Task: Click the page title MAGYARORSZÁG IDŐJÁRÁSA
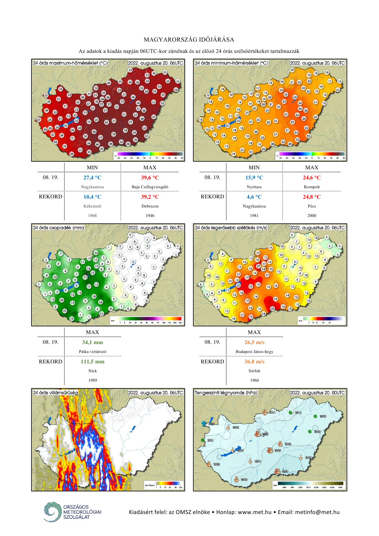point(189,40)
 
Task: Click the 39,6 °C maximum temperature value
point(150,178)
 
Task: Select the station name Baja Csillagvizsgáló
point(150,187)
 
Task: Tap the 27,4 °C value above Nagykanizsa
point(92,178)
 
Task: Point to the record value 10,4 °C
point(92,197)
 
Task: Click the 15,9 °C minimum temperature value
point(254,178)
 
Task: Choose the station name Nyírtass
point(254,187)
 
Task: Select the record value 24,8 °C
point(312,197)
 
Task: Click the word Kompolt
point(312,187)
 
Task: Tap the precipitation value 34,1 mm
point(92,342)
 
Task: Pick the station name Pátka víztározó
point(93,352)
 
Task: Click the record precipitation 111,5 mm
point(92,362)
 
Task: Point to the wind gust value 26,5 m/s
point(254,342)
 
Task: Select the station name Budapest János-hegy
point(254,352)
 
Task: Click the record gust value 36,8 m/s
point(254,362)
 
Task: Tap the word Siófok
point(254,371)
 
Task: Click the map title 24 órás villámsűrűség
point(55,393)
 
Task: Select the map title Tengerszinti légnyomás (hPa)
point(226,393)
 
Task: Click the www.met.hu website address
point(254,512)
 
